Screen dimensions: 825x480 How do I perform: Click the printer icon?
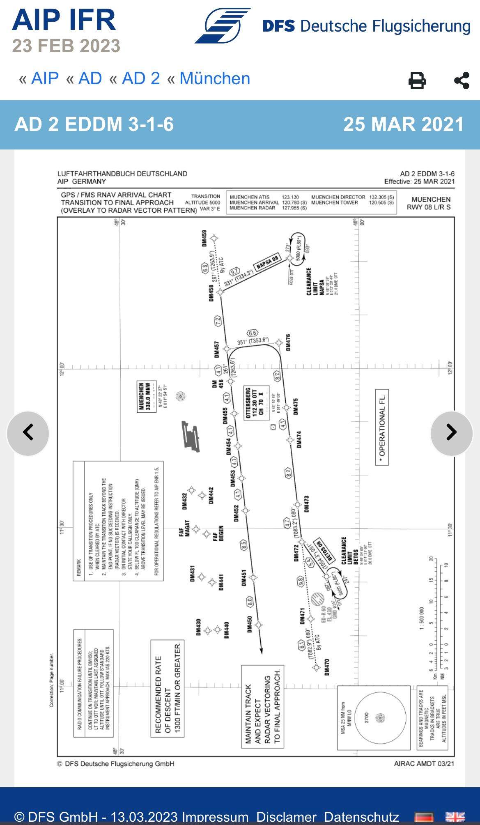(x=417, y=80)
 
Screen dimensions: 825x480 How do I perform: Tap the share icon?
(x=462, y=80)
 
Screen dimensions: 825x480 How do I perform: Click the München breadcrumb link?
(x=215, y=78)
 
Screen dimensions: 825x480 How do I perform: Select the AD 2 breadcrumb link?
(x=141, y=78)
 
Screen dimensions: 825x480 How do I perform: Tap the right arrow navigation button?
(x=451, y=433)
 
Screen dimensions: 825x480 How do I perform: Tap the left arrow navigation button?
(x=28, y=433)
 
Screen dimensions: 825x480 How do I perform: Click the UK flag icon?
(x=455, y=816)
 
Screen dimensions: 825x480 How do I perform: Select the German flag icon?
(x=424, y=816)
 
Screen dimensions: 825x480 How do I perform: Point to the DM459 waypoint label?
(x=204, y=239)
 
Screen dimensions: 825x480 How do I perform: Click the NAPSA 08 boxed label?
(x=267, y=262)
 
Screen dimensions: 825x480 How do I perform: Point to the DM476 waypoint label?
(x=288, y=342)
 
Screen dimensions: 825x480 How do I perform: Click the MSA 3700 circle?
(x=380, y=718)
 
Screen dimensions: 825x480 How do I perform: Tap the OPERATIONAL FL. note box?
(x=382, y=427)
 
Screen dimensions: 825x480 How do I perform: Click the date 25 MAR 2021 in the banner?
(x=403, y=124)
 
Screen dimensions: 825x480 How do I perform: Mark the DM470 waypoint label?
(x=327, y=667)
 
